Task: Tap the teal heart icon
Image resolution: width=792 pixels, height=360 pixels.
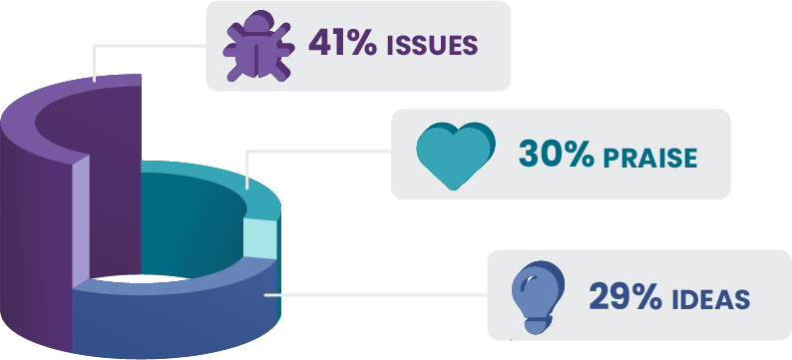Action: click(x=455, y=157)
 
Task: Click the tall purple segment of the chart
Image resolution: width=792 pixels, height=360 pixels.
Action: click(x=40, y=219)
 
